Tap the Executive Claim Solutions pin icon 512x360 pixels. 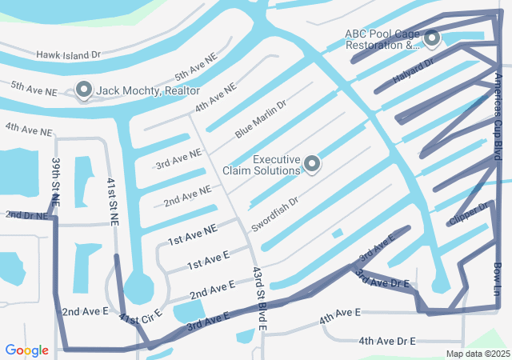point(312,164)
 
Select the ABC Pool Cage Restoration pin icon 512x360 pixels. point(432,38)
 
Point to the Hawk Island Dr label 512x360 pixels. point(69,55)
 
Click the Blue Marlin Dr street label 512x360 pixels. point(260,119)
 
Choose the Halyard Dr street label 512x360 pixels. point(413,72)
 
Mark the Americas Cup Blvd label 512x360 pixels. point(498,117)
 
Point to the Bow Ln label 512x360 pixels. point(497,276)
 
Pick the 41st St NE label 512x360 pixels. point(113,202)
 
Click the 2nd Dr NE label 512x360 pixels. point(27,215)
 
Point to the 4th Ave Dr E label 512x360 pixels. point(386,341)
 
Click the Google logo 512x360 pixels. point(26,350)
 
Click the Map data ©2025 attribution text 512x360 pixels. point(477,354)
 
